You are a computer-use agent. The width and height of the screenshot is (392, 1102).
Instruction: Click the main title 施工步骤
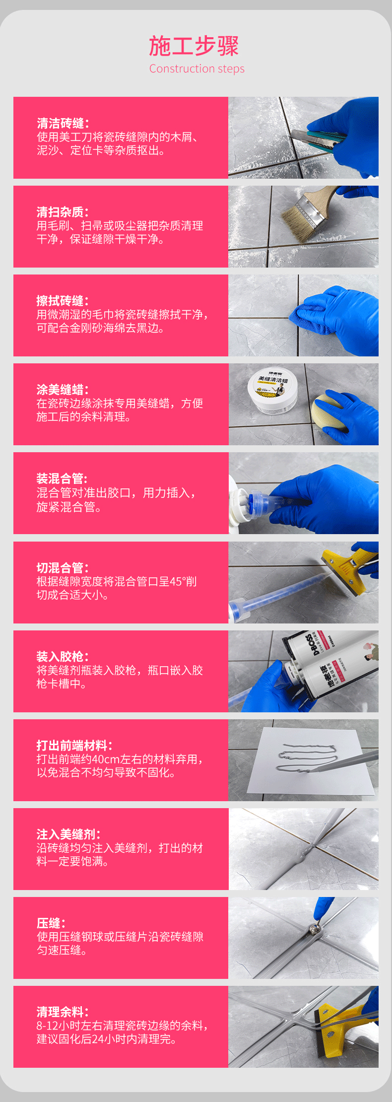(x=194, y=46)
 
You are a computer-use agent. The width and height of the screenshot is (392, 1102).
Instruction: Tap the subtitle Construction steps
(x=197, y=69)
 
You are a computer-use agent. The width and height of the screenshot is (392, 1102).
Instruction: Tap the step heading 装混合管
(x=63, y=479)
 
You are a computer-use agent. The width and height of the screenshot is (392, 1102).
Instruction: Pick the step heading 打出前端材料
(x=75, y=745)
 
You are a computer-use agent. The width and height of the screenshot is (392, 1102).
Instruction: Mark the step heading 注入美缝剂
(x=69, y=834)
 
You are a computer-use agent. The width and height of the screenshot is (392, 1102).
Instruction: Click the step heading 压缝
(x=51, y=923)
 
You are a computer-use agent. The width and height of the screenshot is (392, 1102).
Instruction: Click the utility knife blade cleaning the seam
(x=308, y=139)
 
